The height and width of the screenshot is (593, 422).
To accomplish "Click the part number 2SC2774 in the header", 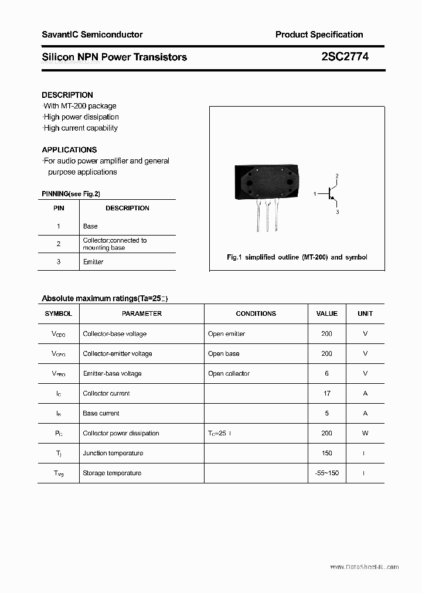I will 345,57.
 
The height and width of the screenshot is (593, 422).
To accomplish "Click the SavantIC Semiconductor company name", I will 92,35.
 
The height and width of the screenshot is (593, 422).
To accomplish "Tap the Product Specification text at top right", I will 319,35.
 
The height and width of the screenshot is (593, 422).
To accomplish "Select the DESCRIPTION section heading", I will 67,95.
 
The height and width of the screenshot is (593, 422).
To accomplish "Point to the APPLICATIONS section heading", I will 69,150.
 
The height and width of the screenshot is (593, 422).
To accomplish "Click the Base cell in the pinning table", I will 90,226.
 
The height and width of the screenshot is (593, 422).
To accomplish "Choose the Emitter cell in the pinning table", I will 93,262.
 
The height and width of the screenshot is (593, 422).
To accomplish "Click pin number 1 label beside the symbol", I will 315,193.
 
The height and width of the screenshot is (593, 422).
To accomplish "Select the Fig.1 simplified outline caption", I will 297,257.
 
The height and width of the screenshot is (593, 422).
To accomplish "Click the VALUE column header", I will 326,313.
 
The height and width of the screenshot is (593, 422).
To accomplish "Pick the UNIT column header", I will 365,313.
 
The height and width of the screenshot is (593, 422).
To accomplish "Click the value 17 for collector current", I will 326,394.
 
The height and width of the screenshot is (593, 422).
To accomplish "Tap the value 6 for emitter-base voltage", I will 326,374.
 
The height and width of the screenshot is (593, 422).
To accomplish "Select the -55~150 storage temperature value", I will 326,473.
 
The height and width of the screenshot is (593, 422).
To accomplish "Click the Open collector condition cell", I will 229,374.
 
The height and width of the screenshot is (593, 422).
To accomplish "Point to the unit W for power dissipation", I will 365,434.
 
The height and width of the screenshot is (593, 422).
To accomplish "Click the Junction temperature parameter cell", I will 113,454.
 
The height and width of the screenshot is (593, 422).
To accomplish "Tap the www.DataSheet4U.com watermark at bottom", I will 364,567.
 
